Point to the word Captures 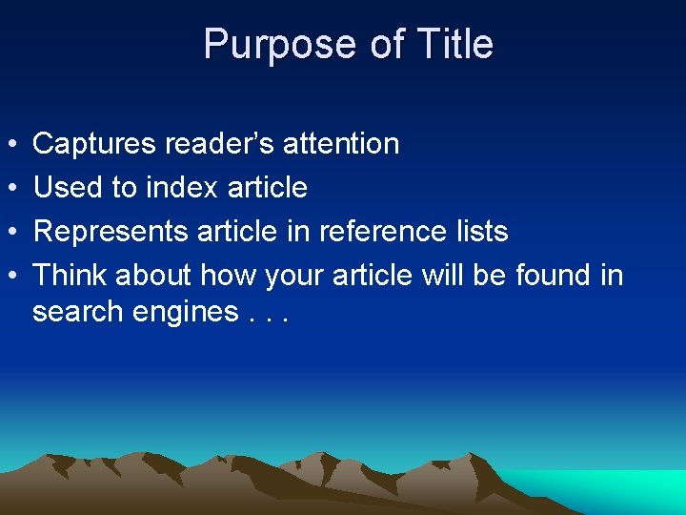tap(94, 144)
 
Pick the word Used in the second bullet tap(68, 188)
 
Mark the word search tap(79, 312)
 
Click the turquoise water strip tap(610, 482)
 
